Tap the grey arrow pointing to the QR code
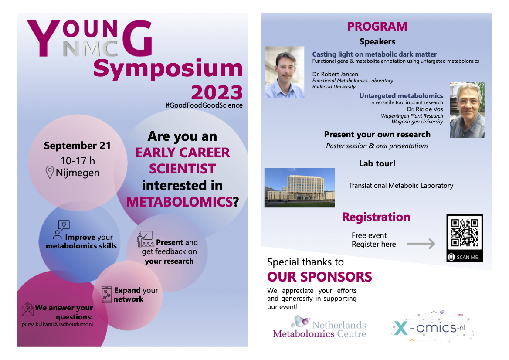point(421,244)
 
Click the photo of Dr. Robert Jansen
point(285,72)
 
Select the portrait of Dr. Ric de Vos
point(467,110)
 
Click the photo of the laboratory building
point(299,188)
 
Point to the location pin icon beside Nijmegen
point(49,172)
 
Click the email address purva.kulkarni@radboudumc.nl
point(58,324)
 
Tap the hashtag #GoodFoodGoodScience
point(204,105)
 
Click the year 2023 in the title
point(217,92)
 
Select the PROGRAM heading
point(377,26)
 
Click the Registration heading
point(376,217)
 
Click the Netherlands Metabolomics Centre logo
point(319,327)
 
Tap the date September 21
point(77,146)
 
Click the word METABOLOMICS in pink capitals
point(180,202)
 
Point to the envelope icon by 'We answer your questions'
point(27,309)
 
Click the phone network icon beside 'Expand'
point(106,295)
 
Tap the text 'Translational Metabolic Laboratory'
point(401,186)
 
